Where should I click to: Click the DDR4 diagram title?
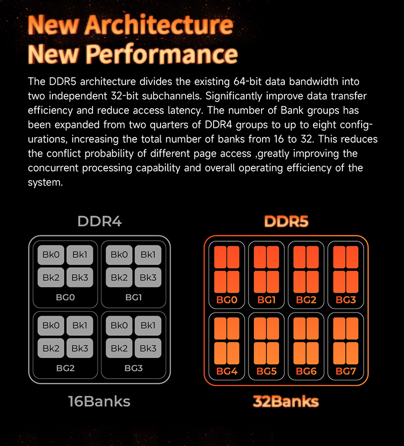(99, 221)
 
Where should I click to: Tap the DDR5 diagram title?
(286, 221)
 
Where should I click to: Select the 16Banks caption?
(99, 402)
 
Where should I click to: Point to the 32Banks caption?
(286, 402)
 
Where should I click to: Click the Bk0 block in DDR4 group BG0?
(51, 255)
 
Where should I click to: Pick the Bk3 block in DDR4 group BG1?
(148, 277)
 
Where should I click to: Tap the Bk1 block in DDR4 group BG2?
(80, 326)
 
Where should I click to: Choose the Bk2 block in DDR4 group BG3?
(119, 348)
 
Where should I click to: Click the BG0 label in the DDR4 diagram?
(65, 297)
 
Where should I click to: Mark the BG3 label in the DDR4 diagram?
(133, 369)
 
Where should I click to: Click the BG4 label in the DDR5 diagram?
(226, 372)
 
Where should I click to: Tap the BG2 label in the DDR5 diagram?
(306, 300)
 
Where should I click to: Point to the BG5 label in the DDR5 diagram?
(266, 372)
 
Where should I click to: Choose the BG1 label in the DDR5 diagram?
(266, 300)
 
